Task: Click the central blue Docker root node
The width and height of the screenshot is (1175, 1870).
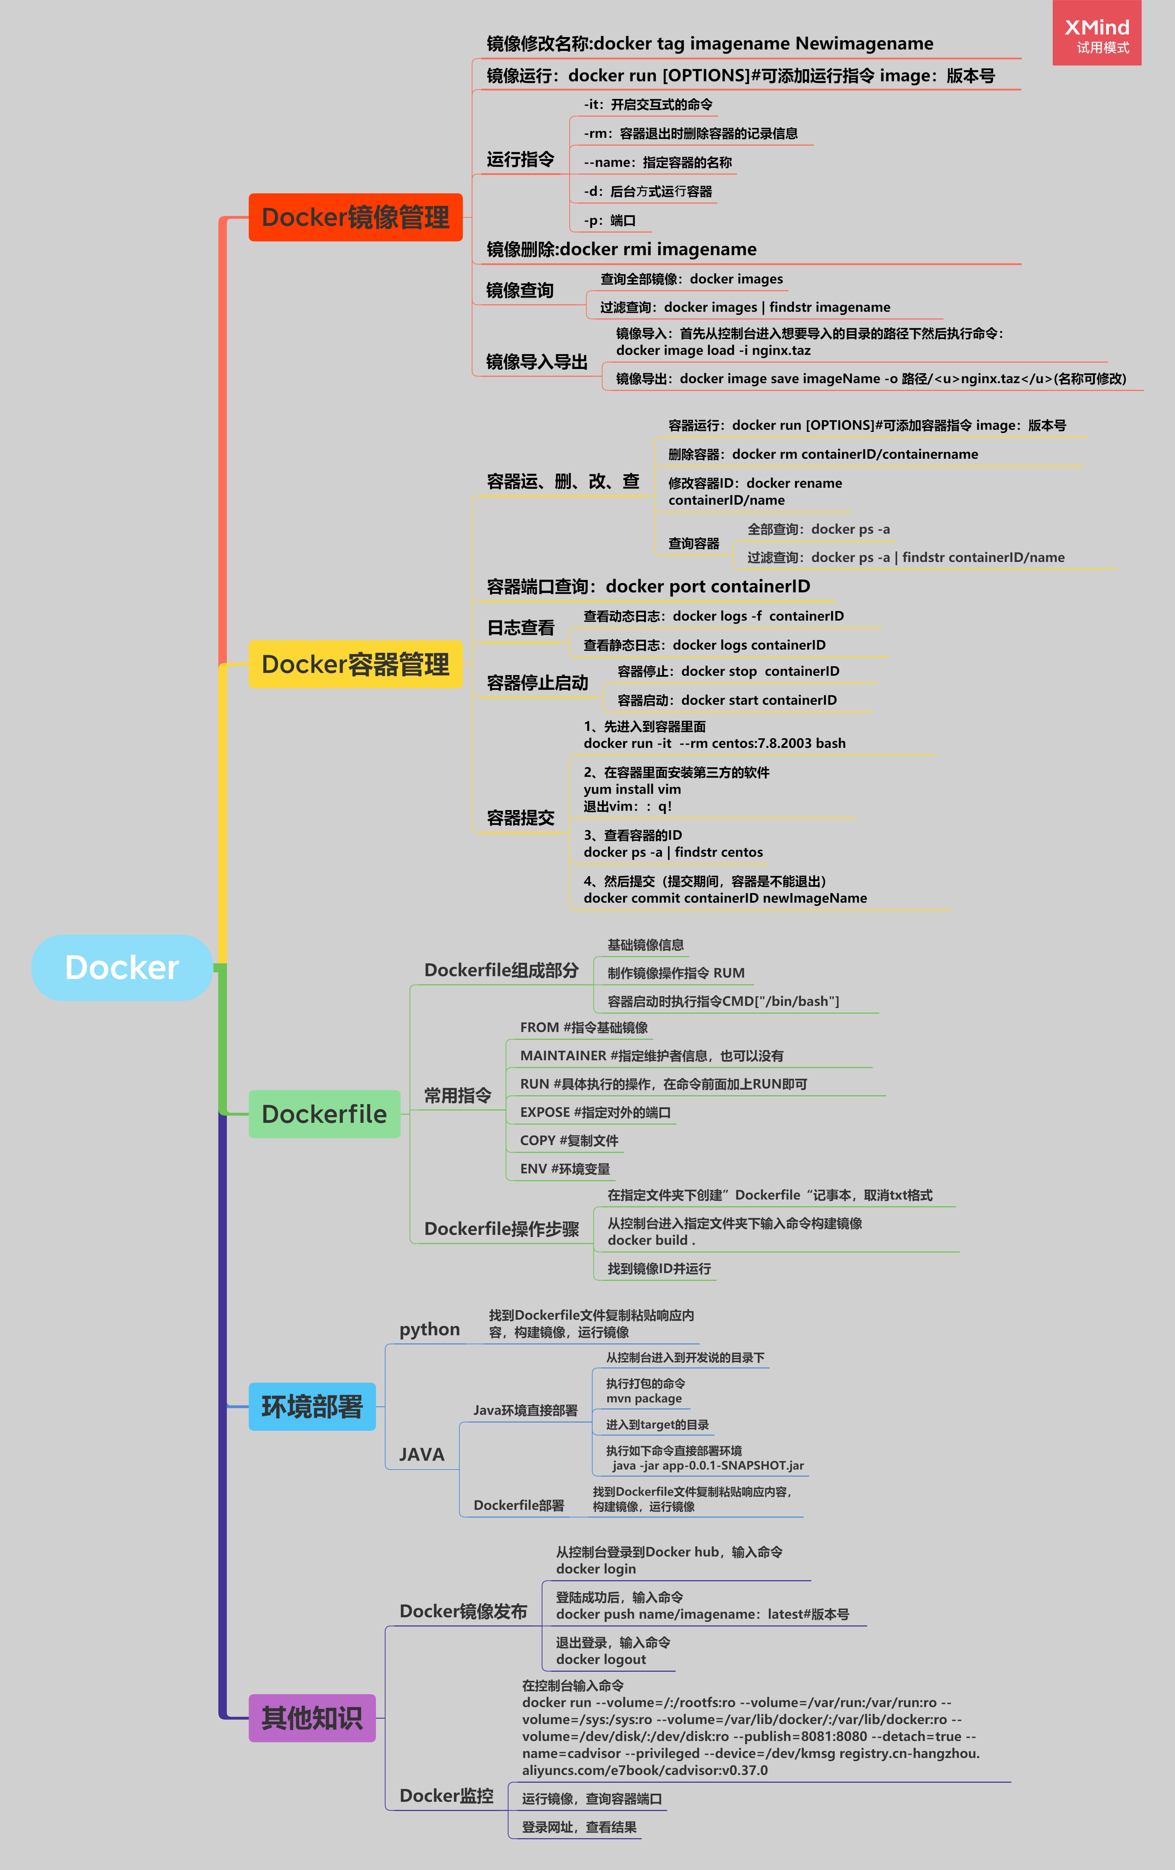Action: [122, 968]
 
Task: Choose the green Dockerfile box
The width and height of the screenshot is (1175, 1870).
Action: [324, 1114]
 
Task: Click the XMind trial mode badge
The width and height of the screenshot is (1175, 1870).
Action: [1097, 34]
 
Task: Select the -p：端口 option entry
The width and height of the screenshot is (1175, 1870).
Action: [610, 221]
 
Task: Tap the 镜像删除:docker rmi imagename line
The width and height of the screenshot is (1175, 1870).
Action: [621, 249]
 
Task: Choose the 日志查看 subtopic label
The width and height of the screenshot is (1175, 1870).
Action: [520, 627]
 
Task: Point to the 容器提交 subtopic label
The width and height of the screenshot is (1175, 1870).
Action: [520, 818]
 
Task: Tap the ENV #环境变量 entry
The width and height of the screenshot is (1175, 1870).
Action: [565, 1169]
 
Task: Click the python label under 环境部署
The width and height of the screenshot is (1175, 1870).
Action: [429, 1330]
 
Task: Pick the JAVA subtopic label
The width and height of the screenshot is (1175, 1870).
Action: [422, 1454]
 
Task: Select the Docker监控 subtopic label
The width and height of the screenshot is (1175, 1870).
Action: [447, 1795]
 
